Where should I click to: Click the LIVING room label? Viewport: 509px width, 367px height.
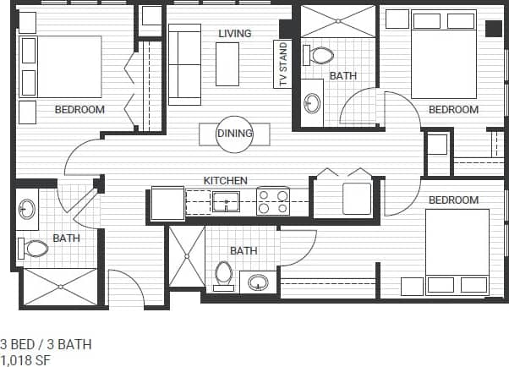[234, 34]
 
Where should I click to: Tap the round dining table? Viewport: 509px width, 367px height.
[235, 134]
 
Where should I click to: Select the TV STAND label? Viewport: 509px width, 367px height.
[282, 64]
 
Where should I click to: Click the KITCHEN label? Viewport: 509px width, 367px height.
[225, 180]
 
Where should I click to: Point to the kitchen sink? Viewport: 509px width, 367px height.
[226, 201]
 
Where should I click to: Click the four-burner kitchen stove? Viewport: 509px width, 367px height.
[272, 201]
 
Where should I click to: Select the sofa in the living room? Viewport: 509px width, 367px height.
[183, 63]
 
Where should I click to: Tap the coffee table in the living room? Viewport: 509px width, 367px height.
[227, 63]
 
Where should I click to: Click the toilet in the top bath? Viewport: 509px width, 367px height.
[320, 56]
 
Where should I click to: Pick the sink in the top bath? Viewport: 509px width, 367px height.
[312, 103]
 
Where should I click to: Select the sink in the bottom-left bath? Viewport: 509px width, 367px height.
[27, 209]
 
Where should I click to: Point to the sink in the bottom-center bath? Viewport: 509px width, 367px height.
[258, 281]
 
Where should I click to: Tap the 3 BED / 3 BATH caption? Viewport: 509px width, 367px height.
[46, 344]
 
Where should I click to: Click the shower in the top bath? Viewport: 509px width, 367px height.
[338, 21]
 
